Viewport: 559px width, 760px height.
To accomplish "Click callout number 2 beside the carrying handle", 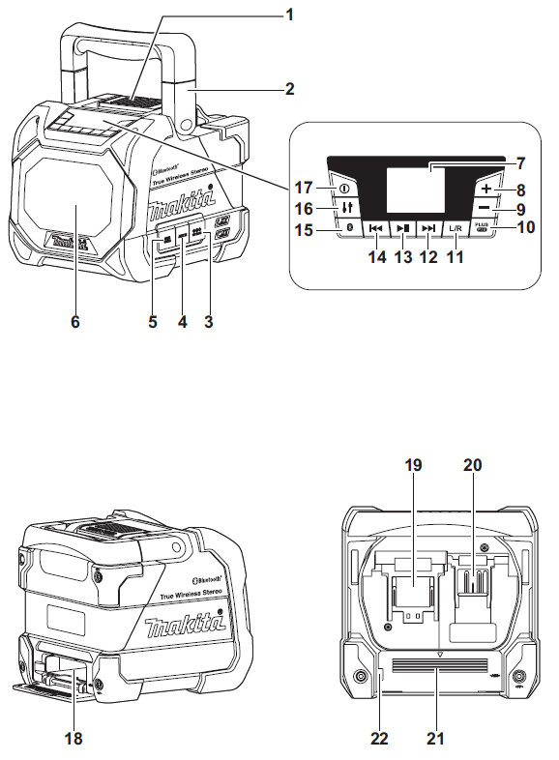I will point(288,89).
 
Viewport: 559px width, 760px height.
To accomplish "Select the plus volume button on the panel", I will point(486,190).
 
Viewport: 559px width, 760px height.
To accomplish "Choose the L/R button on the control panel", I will point(456,230).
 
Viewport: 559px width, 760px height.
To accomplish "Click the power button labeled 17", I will point(344,188).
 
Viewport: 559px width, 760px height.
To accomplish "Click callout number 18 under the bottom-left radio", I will point(74,739).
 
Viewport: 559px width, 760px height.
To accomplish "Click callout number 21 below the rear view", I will point(437,739).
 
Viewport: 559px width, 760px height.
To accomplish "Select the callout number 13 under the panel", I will point(402,257).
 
